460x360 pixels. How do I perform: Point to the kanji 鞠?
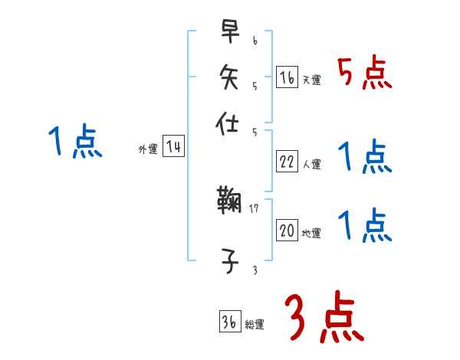pyautogui.click(x=229, y=203)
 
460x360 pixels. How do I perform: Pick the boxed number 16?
pyautogui.click(x=287, y=77)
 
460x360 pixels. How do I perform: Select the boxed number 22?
pyautogui.click(x=287, y=162)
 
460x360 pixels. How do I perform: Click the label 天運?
pyautogui.click(x=312, y=80)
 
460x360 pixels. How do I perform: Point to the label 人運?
pyautogui.click(x=312, y=164)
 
